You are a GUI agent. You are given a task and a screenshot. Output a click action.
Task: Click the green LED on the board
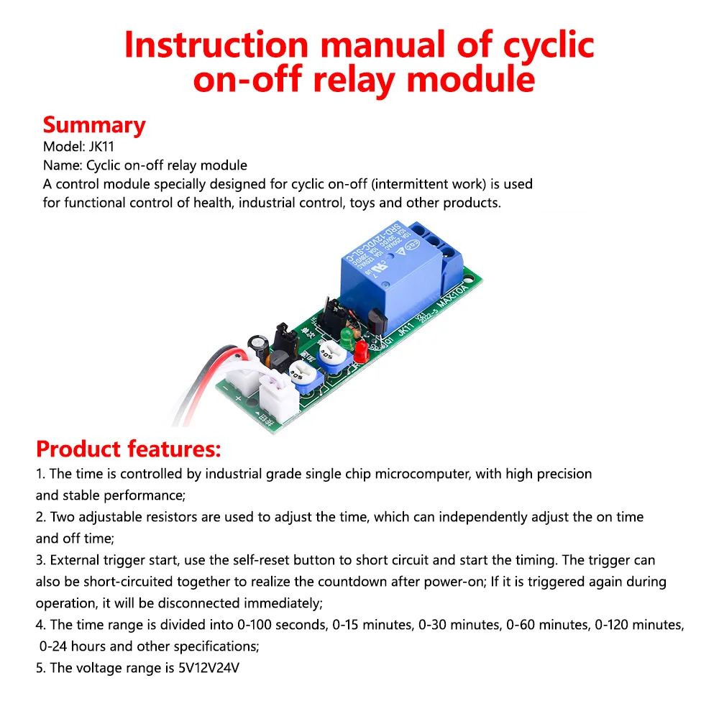(x=347, y=335)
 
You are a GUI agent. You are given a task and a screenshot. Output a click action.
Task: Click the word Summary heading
(x=93, y=125)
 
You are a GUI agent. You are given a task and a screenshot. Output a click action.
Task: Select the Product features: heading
(x=128, y=449)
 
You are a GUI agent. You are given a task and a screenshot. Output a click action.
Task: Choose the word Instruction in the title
(x=216, y=45)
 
